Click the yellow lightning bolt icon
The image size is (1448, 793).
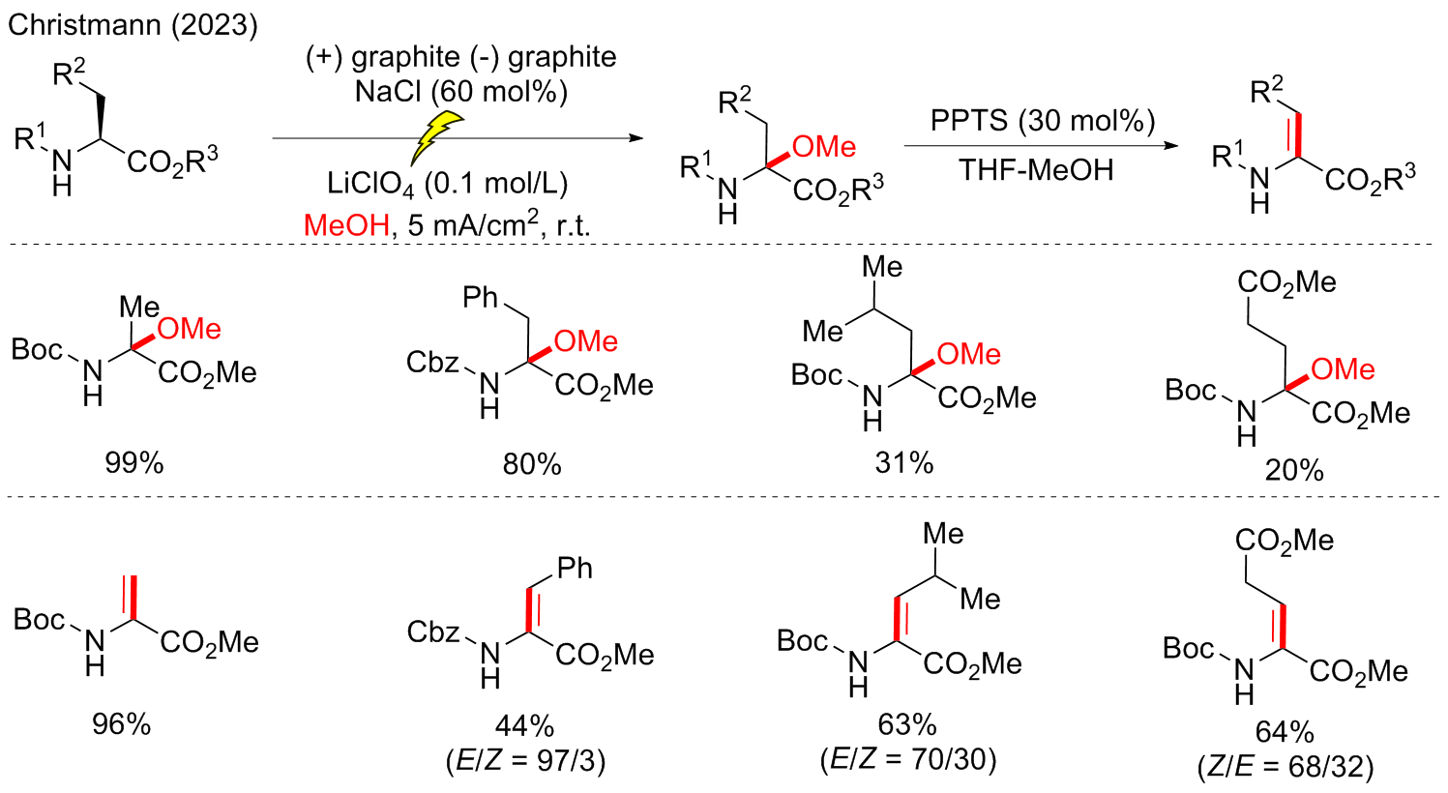[435, 136]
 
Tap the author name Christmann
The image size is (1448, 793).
[84, 24]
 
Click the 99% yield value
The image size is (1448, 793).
[134, 463]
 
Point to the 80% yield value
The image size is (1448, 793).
[531, 464]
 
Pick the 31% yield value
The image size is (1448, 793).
[904, 463]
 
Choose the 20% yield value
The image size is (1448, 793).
[1293, 470]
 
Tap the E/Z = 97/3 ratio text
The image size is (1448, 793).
[525, 761]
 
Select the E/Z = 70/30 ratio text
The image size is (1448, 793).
[907, 759]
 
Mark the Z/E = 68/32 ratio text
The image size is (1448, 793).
[1285, 767]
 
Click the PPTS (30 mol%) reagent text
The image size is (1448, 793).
[1043, 121]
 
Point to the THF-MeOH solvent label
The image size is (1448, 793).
[1036, 169]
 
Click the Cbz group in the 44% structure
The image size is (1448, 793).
[432, 632]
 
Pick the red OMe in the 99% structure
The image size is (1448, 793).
[190, 329]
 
